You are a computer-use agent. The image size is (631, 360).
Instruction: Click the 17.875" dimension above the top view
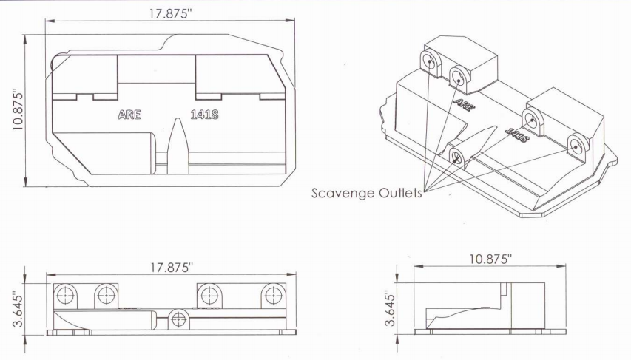coord(171,14)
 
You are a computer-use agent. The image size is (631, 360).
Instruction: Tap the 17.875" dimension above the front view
coord(172,268)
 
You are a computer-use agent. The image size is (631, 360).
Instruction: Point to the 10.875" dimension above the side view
coord(490,259)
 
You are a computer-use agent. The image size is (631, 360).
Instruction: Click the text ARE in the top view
coord(129,115)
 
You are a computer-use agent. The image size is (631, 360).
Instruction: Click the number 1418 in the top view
coord(204,115)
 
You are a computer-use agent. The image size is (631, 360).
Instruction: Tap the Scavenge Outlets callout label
coord(367,193)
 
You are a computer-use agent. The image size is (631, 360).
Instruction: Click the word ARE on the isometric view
coord(464,104)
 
